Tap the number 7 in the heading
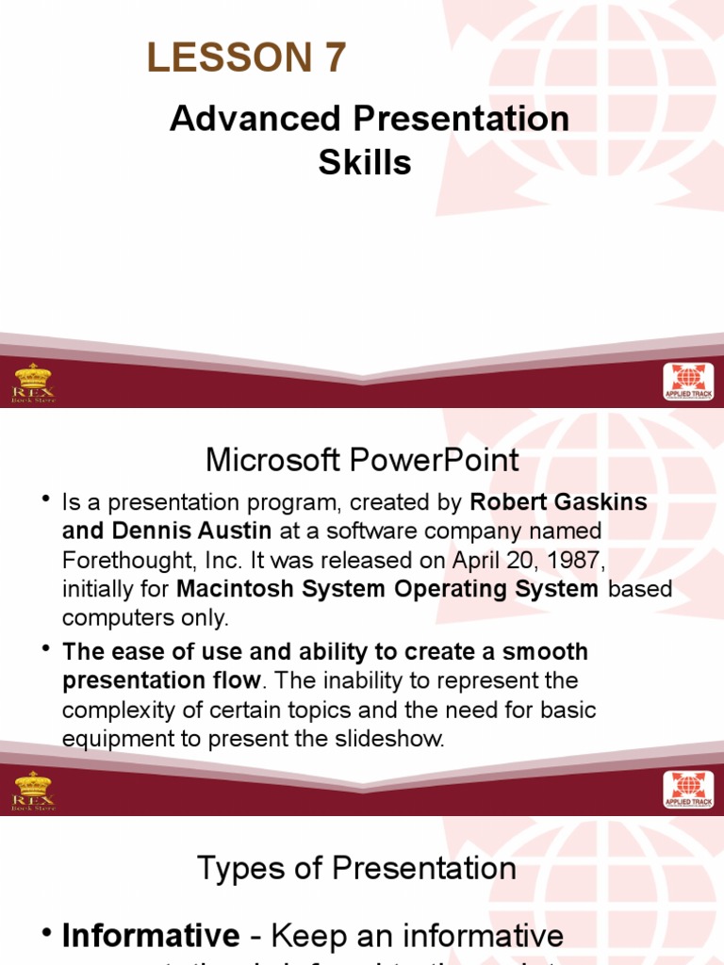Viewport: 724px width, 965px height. pos(336,59)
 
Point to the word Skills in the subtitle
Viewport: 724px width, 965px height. pos(365,163)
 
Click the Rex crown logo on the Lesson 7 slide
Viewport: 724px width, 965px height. pos(33,383)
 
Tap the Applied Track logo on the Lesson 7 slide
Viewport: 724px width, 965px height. pos(688,383)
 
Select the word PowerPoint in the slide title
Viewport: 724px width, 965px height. pos(437,460)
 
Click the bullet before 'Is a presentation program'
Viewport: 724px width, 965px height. pos(45,500)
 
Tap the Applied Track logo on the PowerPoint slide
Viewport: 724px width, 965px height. pos(688,790)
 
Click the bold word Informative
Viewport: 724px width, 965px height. pos(151,936)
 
